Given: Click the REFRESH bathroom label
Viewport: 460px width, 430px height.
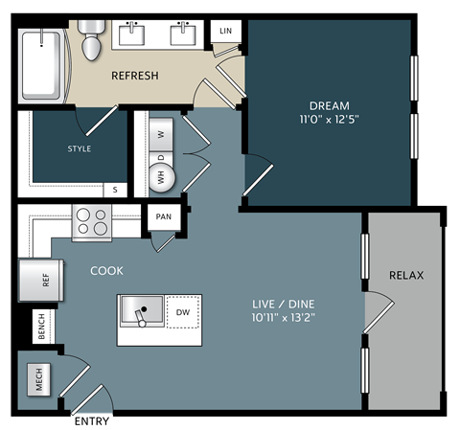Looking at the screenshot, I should (x=134, y=76).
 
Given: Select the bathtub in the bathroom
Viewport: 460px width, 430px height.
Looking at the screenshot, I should (x=42, y=64).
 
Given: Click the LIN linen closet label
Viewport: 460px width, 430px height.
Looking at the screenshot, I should (x=225, y=32).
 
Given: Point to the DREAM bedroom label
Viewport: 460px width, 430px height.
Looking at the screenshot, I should (x=329, y=105).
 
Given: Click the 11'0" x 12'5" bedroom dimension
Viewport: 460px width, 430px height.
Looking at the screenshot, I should (x=329, y=120).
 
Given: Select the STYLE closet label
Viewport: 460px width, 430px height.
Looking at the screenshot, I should (x=79, y=149).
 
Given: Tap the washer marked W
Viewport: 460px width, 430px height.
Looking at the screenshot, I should (x=161, y=134).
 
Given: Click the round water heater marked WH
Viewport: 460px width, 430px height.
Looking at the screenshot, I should (x=160, y=175).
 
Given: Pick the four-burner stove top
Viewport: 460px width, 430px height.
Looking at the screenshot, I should (x=92, y=222).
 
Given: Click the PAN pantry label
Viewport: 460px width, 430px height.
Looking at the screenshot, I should (x=164, y=217).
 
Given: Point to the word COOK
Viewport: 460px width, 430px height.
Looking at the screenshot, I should (x=106, y=271).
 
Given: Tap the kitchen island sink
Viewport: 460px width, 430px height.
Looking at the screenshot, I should (x=141, y=311).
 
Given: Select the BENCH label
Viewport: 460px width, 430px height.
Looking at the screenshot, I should (x=41, y=328).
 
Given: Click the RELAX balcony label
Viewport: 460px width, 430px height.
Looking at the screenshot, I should (x=406, y=276).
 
